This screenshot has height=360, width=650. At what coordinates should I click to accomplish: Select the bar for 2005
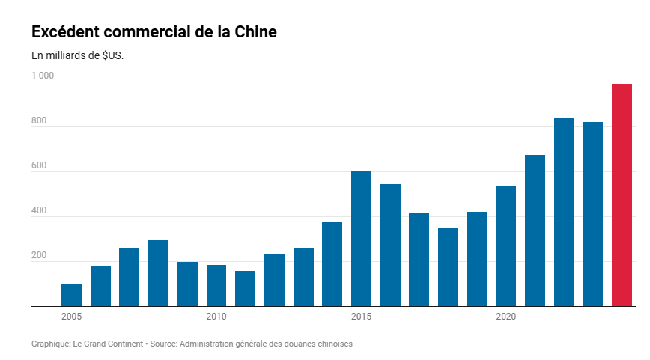click(71, 295)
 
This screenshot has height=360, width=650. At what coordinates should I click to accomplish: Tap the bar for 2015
click(361, 239)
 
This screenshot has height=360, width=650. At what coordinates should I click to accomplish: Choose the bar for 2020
click(505, 246)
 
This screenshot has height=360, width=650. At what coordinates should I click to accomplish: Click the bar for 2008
click(158, 273)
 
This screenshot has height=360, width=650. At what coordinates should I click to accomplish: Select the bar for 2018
click(448, 266)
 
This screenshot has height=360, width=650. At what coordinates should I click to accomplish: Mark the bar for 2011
click(245, 288)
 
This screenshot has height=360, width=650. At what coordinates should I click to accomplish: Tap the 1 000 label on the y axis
click(43, 76)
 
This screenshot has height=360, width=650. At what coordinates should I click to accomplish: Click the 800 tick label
click(39, 121)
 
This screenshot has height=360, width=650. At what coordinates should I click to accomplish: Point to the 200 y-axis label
click(39, 256)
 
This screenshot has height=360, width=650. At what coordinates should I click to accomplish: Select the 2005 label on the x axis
click(71, 317)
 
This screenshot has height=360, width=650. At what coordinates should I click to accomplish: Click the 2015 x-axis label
click(361, 317)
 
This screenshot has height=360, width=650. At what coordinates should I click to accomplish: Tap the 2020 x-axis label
click(505, 317)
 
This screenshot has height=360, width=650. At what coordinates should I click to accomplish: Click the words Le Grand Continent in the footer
click(107, 344)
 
